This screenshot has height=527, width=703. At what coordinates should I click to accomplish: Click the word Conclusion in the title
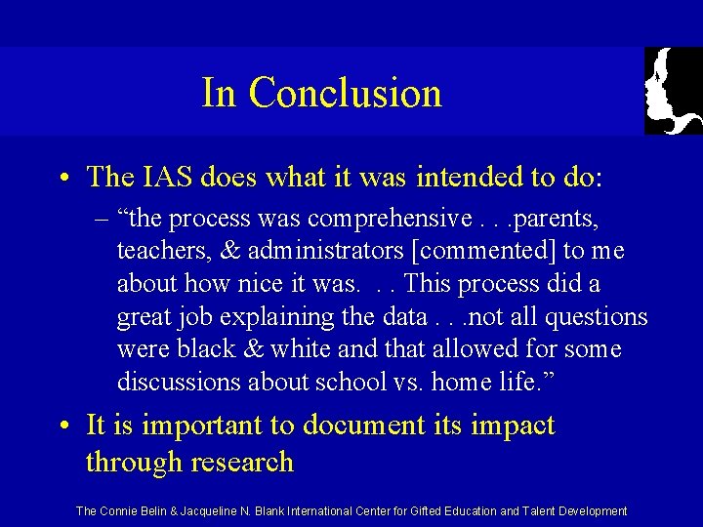[x=345, y=94]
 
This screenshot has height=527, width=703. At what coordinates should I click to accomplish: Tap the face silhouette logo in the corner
[x=674, y=91]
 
